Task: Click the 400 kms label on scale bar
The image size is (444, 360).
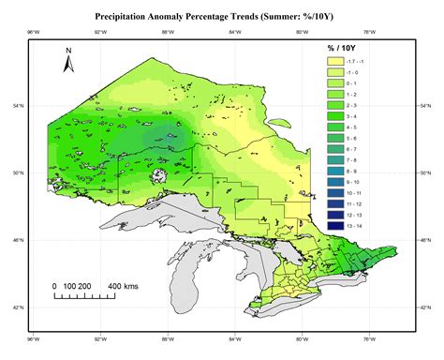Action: point(125,285)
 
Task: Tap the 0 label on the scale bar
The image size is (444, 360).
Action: point(54,285)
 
